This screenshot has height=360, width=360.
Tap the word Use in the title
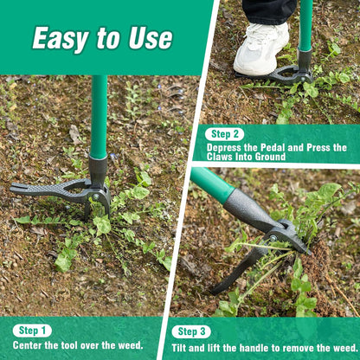click(149, 38)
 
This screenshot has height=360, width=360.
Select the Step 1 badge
click(32, 331)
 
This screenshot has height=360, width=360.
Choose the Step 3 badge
click(190, 331)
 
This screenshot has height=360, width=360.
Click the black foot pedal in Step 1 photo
click(48, 189)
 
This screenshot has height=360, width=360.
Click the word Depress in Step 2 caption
click(227, 148)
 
